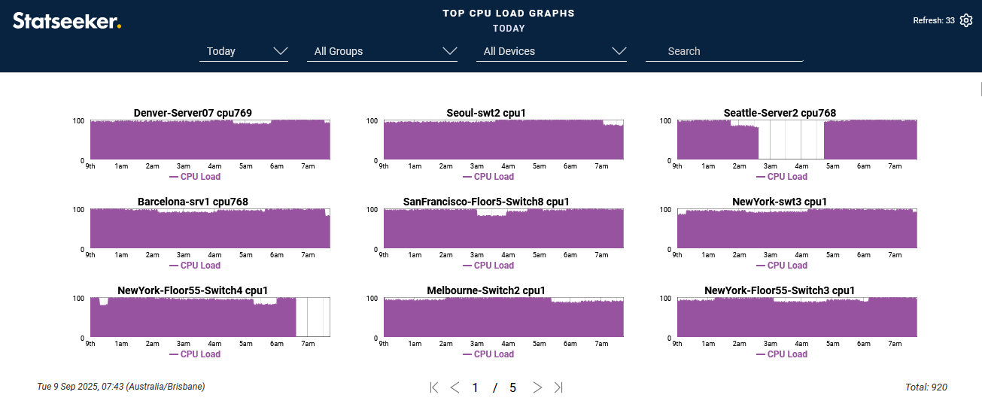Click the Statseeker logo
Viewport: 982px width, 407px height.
pyautogui.click(x=66, y=21)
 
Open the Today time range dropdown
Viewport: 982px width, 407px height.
pyautogui.click(x=244, y=51)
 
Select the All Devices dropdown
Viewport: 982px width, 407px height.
pyautogui.click(x=552, y=51)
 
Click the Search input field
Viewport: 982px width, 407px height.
pyautogui.click(x=724, y=51)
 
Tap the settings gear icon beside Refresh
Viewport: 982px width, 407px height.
pyautogui.click(x=966, y=20)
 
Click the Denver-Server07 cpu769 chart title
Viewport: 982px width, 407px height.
pyautogui.click(x=193, y=113)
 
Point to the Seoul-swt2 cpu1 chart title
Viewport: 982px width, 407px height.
pyautogui.click(x=486, y=113)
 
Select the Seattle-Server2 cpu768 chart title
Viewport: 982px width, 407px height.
pyautogui.click(x=780, y=113)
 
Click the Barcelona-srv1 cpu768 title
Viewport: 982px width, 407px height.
pyautogui.click(x=193, y=202)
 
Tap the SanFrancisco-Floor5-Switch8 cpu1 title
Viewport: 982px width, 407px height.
pyautogui.click(x=486, y=202)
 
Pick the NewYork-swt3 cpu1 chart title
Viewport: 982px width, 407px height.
pyautogui.click(x=780, y=202)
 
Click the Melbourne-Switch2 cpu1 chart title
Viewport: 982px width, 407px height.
pyautogui.click(x=486, y=290)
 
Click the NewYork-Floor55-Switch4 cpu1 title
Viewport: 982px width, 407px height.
pyautogui.click(x=193, y=290)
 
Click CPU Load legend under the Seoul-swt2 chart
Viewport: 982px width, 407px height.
pyautogui.click(x=488, y=177)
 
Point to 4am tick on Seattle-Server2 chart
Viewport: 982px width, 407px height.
pyautogui.click(x=801, y=166)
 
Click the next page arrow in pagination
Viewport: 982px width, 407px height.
pyautogui.click(x=537, y=387)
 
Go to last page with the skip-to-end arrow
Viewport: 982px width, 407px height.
pyautogui.click(x=558, y=387)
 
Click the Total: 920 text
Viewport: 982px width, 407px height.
pyautogui.click(x=926, y=387)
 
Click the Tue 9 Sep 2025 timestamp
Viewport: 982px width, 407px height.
pyautogui.click(x=120, y=387)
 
